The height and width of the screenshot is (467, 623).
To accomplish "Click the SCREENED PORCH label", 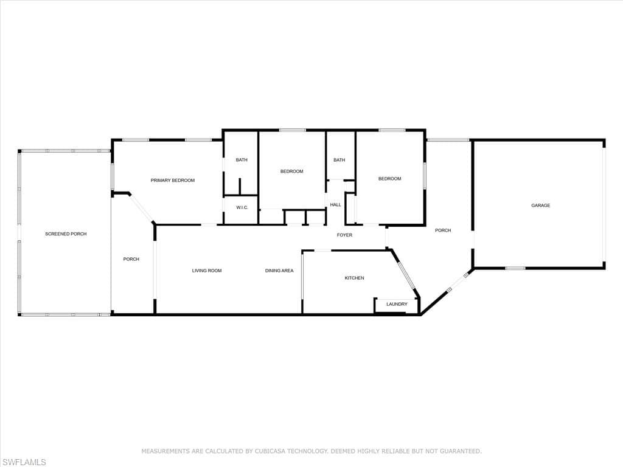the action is pos(66,234).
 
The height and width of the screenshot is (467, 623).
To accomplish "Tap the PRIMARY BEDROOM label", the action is pos(172,180).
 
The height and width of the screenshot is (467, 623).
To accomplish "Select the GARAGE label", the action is pos(541,206).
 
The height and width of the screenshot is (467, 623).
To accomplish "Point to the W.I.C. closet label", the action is pos(242,208).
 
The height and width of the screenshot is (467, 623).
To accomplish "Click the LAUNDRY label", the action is pos(397,304).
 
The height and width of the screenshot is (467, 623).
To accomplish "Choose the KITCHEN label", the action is pos(355,278).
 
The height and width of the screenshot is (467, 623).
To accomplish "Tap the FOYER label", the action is pos(344,235).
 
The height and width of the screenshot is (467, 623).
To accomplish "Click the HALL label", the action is pos(335,205).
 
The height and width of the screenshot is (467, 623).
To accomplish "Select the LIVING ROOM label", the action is pos(207,271).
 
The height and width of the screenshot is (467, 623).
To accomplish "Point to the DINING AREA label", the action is pos(279,271).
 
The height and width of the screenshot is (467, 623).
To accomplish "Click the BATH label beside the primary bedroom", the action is pos(242,160).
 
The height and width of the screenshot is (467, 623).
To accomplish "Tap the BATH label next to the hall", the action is pos(339,160).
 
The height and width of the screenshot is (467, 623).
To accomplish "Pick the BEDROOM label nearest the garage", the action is pos(390,179).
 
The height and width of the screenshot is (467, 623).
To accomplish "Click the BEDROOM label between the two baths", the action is pos(291,171).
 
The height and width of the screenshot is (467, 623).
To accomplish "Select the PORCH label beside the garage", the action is pos(443,230).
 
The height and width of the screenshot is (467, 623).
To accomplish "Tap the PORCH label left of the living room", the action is pos(131,259).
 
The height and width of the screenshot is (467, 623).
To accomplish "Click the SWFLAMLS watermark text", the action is pos(24,462).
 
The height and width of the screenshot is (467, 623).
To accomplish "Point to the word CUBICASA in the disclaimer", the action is pos(270,451).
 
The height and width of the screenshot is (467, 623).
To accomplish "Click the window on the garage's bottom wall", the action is pos(515,268).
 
